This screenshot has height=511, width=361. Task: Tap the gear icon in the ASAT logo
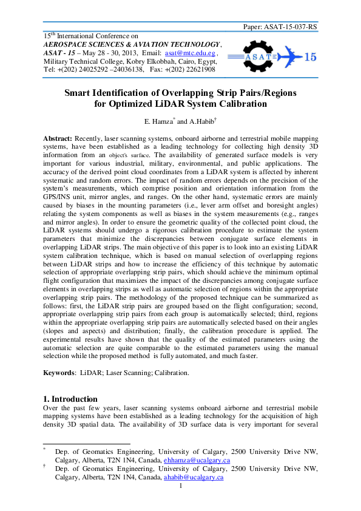(x=255, y=56)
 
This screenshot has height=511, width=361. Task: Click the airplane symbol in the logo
(x=288, y=56)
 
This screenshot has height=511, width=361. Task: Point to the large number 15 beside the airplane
(x=309, y=57)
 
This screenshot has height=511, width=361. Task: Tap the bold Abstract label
(x=58, y=139)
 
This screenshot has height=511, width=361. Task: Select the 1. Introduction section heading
(x=70, y=399)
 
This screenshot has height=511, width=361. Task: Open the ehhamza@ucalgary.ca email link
(x=197, y=461)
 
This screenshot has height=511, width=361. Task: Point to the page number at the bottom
(x=181, y=486)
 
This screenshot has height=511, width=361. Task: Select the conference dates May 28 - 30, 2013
(x=97, y=53)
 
